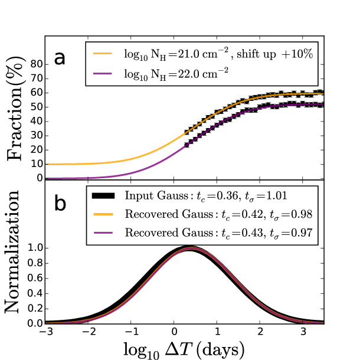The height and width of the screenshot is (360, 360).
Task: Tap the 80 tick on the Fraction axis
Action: [x=38, y=63]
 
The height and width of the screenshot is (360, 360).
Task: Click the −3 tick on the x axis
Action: [x=46, y=332]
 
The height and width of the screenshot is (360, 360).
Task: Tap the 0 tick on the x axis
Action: [x=175, y=332]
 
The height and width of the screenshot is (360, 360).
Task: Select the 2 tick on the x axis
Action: [x=260, y=332]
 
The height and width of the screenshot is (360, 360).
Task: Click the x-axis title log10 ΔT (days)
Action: [x=185, y=349]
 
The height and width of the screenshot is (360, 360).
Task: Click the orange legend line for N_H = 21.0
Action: [x=102, y=54]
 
